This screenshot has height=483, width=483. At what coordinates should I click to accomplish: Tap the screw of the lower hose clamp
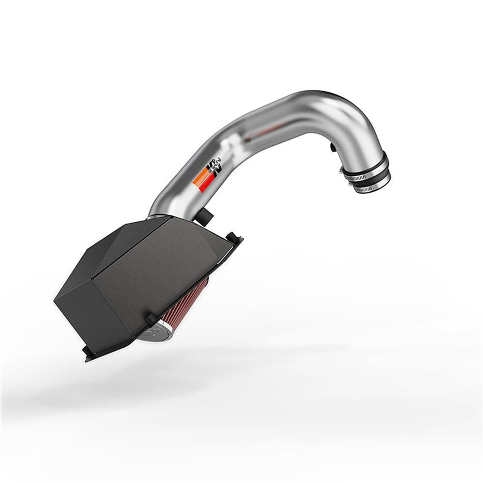350,184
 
